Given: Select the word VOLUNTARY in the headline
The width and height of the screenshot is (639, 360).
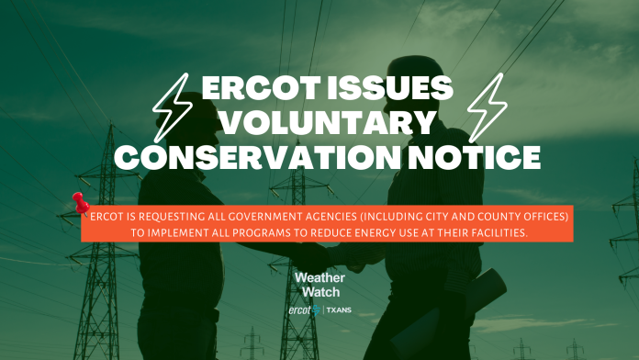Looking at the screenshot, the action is pos(330,122).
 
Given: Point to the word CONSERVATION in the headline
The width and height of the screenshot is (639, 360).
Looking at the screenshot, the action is pos(258,157).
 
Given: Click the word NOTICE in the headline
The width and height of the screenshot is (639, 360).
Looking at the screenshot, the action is pos(475,157).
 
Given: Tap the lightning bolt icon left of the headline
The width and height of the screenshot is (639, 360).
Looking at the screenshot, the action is pos(173,107).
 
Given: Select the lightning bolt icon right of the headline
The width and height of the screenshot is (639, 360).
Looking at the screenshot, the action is pos(488,107).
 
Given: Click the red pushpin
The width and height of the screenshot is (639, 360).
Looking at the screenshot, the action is pos(81,203).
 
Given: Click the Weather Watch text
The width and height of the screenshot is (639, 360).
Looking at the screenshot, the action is pos(320,285).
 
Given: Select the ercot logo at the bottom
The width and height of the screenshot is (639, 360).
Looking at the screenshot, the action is pos(305,310).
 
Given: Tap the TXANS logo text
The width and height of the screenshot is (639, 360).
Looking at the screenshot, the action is pos(339,310).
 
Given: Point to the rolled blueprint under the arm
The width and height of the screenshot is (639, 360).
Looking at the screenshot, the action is pos(448,309).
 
